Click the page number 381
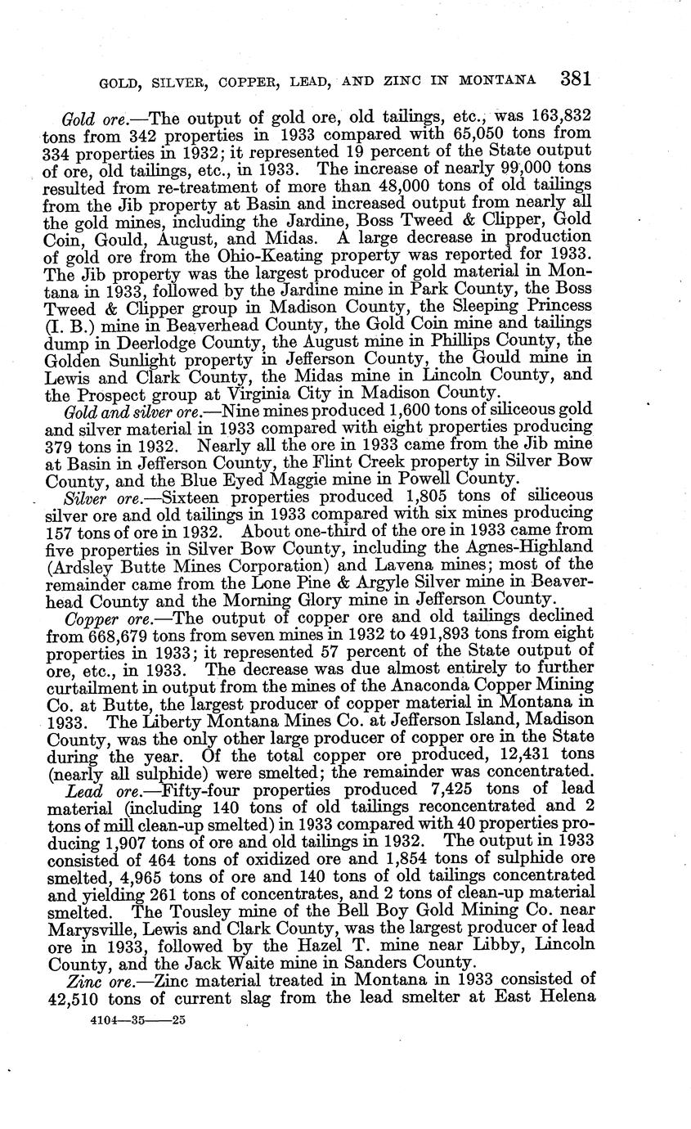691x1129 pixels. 576,79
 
